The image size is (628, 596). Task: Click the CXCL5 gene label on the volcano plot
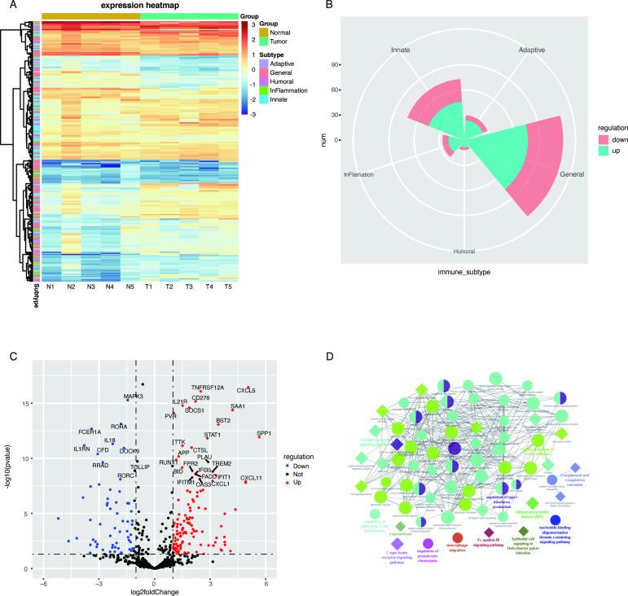pos(246,390)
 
